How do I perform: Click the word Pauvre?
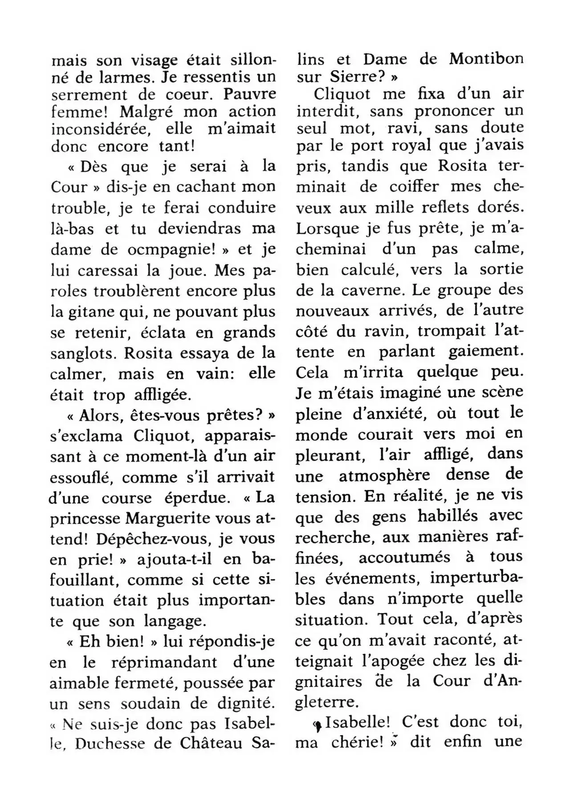[x=249, y=94]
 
